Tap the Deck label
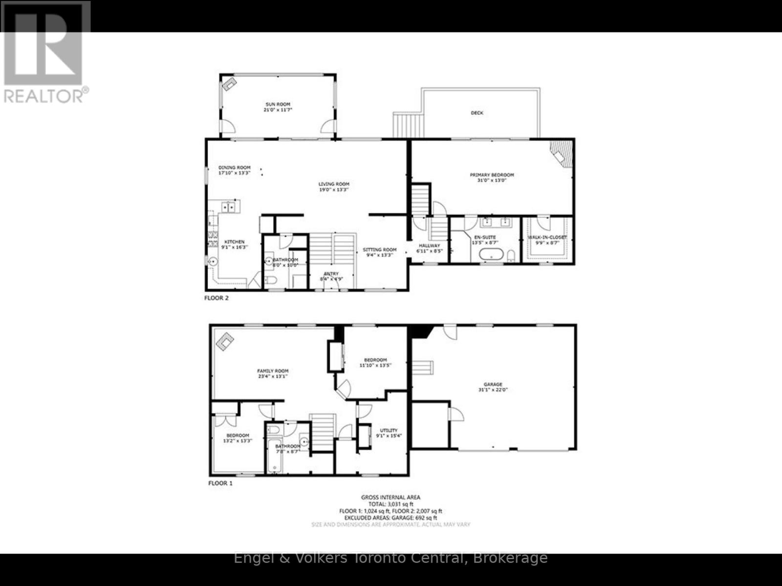coord(477,113)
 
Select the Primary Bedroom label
coord(492,175)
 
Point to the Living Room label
coord(334,184)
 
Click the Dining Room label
coord(235,168)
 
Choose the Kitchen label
coord(235,242)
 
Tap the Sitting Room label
coord(380,250)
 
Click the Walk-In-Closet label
coord(547,238)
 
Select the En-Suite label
coord(484,238)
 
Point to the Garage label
coord(493,385)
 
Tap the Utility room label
coord(389,431)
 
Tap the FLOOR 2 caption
coord(216,298)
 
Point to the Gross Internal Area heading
coord(391,498)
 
